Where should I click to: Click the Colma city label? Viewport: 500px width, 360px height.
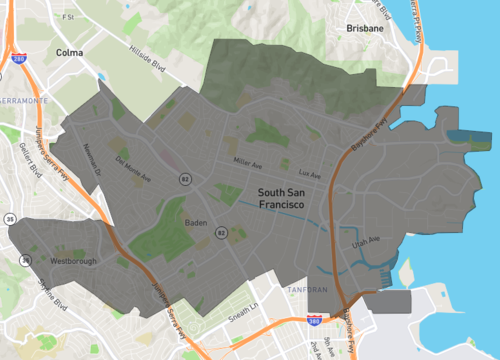[x=70, y=52]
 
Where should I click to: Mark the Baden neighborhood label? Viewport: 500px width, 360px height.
[x=196, y=223]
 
